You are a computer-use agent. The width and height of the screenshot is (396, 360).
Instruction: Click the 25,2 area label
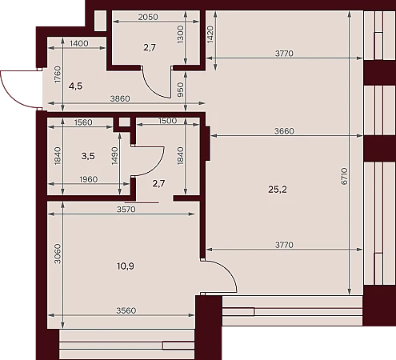point(278,190)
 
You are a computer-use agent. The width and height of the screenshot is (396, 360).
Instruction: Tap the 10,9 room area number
point(126,266)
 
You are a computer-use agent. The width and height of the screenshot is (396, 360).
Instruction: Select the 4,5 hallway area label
point(75,86)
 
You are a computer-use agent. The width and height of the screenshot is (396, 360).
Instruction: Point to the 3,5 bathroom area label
point(88,156)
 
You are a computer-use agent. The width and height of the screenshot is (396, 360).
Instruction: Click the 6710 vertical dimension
point(344,176)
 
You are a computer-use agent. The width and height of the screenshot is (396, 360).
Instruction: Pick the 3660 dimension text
point(284,131)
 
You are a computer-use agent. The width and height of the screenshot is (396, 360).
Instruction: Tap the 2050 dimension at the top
point(148,17)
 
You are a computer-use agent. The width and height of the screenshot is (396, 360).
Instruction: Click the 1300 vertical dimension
point(180,34)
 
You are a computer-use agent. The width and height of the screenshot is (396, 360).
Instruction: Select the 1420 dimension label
point(210,34)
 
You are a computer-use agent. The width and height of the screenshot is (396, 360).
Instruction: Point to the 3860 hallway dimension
point(120,98)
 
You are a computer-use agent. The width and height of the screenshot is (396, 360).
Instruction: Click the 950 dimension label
point(181,90)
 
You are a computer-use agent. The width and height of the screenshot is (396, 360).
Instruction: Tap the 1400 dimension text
point(78,43)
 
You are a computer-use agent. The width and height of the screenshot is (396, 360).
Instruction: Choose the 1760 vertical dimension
point(58,74)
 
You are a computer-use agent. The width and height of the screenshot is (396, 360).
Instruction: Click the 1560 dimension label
point(83,122)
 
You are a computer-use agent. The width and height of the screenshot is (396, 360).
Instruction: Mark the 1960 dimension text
point(89,179)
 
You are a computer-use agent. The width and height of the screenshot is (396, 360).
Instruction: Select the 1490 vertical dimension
point(114,156)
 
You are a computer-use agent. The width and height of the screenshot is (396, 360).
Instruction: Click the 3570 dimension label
point(126,210)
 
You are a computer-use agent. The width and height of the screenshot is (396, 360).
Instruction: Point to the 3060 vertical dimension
point(58,254)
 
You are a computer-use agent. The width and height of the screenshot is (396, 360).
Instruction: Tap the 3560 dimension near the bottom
point(126,310)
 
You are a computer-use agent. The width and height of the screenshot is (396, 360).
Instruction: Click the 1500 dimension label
point(167,121)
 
